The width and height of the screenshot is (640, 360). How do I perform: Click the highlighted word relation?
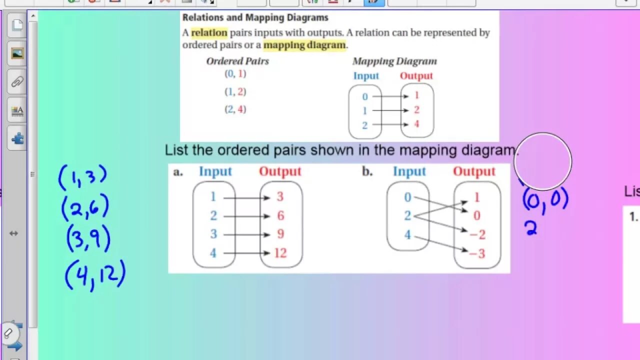point(209,33)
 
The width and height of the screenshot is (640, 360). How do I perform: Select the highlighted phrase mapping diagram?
point(304,45)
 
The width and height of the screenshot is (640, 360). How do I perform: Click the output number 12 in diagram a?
point(280,253)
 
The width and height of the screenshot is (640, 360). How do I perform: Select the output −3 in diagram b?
point(477,253)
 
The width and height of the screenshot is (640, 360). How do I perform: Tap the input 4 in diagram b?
point(407,234)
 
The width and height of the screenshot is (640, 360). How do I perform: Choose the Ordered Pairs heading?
point(237,61)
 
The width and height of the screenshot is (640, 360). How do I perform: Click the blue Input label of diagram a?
point(215,171)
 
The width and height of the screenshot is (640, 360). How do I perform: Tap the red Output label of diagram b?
point(474,171)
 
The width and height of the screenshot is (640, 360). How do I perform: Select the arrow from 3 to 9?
point(246,234)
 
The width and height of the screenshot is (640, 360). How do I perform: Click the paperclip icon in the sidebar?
point(17,81)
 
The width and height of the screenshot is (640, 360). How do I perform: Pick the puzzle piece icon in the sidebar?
point(17,138)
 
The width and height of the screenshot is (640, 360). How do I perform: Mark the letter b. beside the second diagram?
point(367,171)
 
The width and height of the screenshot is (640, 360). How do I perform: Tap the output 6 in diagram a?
point(280,216)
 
